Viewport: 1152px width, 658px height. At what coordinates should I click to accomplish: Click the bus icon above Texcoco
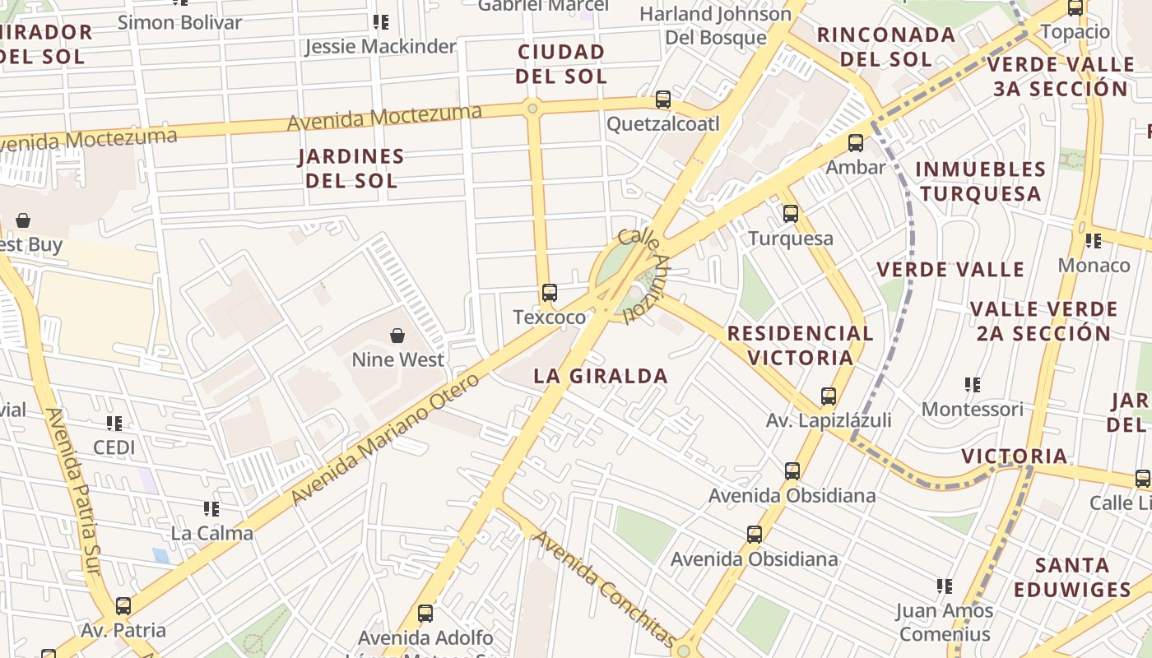(549, 293)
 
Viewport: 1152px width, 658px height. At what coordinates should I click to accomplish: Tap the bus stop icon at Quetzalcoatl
(662, 100)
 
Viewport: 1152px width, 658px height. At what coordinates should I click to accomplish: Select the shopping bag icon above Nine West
(397, 336)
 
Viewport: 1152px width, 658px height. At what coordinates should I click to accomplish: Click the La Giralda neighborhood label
(600, 377)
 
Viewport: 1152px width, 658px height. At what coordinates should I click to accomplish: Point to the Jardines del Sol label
(351, 168)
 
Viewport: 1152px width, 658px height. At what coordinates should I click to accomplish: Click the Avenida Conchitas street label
(605, 589)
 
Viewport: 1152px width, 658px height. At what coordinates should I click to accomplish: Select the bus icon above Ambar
(855, 143)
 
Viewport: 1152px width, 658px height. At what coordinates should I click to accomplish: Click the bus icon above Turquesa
(790, 214)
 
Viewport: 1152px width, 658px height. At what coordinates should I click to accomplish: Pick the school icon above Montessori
(972, 384)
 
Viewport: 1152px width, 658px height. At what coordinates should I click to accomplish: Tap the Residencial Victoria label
(800, 345)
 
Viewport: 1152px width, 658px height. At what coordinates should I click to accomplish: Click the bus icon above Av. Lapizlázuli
(828, 396)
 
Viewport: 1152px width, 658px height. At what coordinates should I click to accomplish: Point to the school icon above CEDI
(114, 424)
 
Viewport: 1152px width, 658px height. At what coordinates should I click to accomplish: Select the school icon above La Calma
(211, 509)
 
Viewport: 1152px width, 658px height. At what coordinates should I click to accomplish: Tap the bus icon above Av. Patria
(123, 606)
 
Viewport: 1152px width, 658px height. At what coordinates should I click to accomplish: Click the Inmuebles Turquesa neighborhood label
(980, 181)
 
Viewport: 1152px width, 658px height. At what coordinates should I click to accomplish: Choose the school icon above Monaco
(1093, 241)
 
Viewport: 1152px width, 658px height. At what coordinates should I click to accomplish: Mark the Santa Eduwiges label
(1072, 577)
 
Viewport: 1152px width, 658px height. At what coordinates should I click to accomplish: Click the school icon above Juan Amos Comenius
(944, 586)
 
